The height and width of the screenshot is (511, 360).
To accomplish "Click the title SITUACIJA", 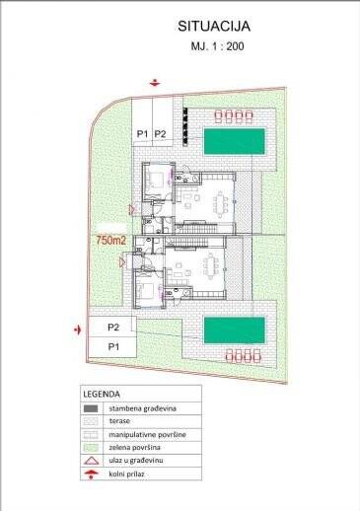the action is [214, 27].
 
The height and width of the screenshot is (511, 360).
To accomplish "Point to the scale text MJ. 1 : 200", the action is [217, 46].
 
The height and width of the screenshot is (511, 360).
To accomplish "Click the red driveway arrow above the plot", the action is [155, 83].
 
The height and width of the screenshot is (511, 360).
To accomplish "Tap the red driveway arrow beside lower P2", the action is [78, 329].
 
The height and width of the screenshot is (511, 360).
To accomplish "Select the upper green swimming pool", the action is [235, 141].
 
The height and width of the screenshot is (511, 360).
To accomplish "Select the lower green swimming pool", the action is [235, 329].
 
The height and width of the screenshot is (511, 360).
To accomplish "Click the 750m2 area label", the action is [111, 241].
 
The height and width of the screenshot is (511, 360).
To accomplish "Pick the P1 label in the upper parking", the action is [142, 134].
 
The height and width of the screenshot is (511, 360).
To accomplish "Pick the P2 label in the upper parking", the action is [160, 134].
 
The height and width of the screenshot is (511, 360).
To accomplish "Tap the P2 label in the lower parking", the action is [113, 328].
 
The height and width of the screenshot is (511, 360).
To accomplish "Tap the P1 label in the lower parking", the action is [113, 346].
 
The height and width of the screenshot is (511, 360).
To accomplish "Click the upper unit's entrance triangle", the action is [132, 209].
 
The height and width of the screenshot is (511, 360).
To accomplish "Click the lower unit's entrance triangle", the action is [122, 262].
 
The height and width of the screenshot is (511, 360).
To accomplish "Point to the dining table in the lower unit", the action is [211, 265].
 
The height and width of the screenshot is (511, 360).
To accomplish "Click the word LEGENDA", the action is [102, 394].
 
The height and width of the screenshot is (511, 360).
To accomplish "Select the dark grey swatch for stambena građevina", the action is [91, 408].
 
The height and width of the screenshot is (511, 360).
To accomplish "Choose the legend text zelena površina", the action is [134, 448].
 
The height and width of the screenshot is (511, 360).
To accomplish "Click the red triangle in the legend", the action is [91, 461].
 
